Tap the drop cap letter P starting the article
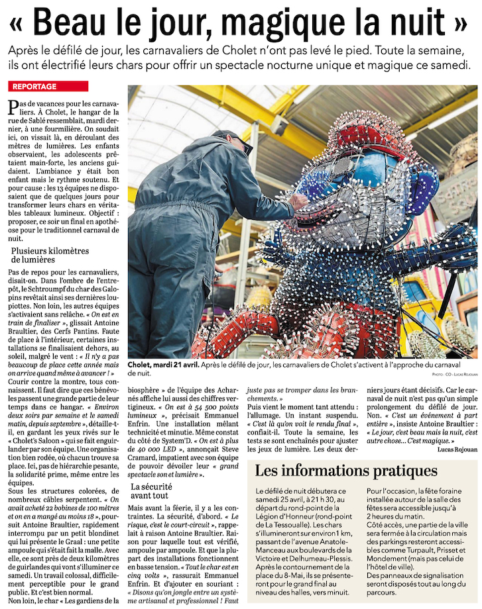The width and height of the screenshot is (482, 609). (13, 107)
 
